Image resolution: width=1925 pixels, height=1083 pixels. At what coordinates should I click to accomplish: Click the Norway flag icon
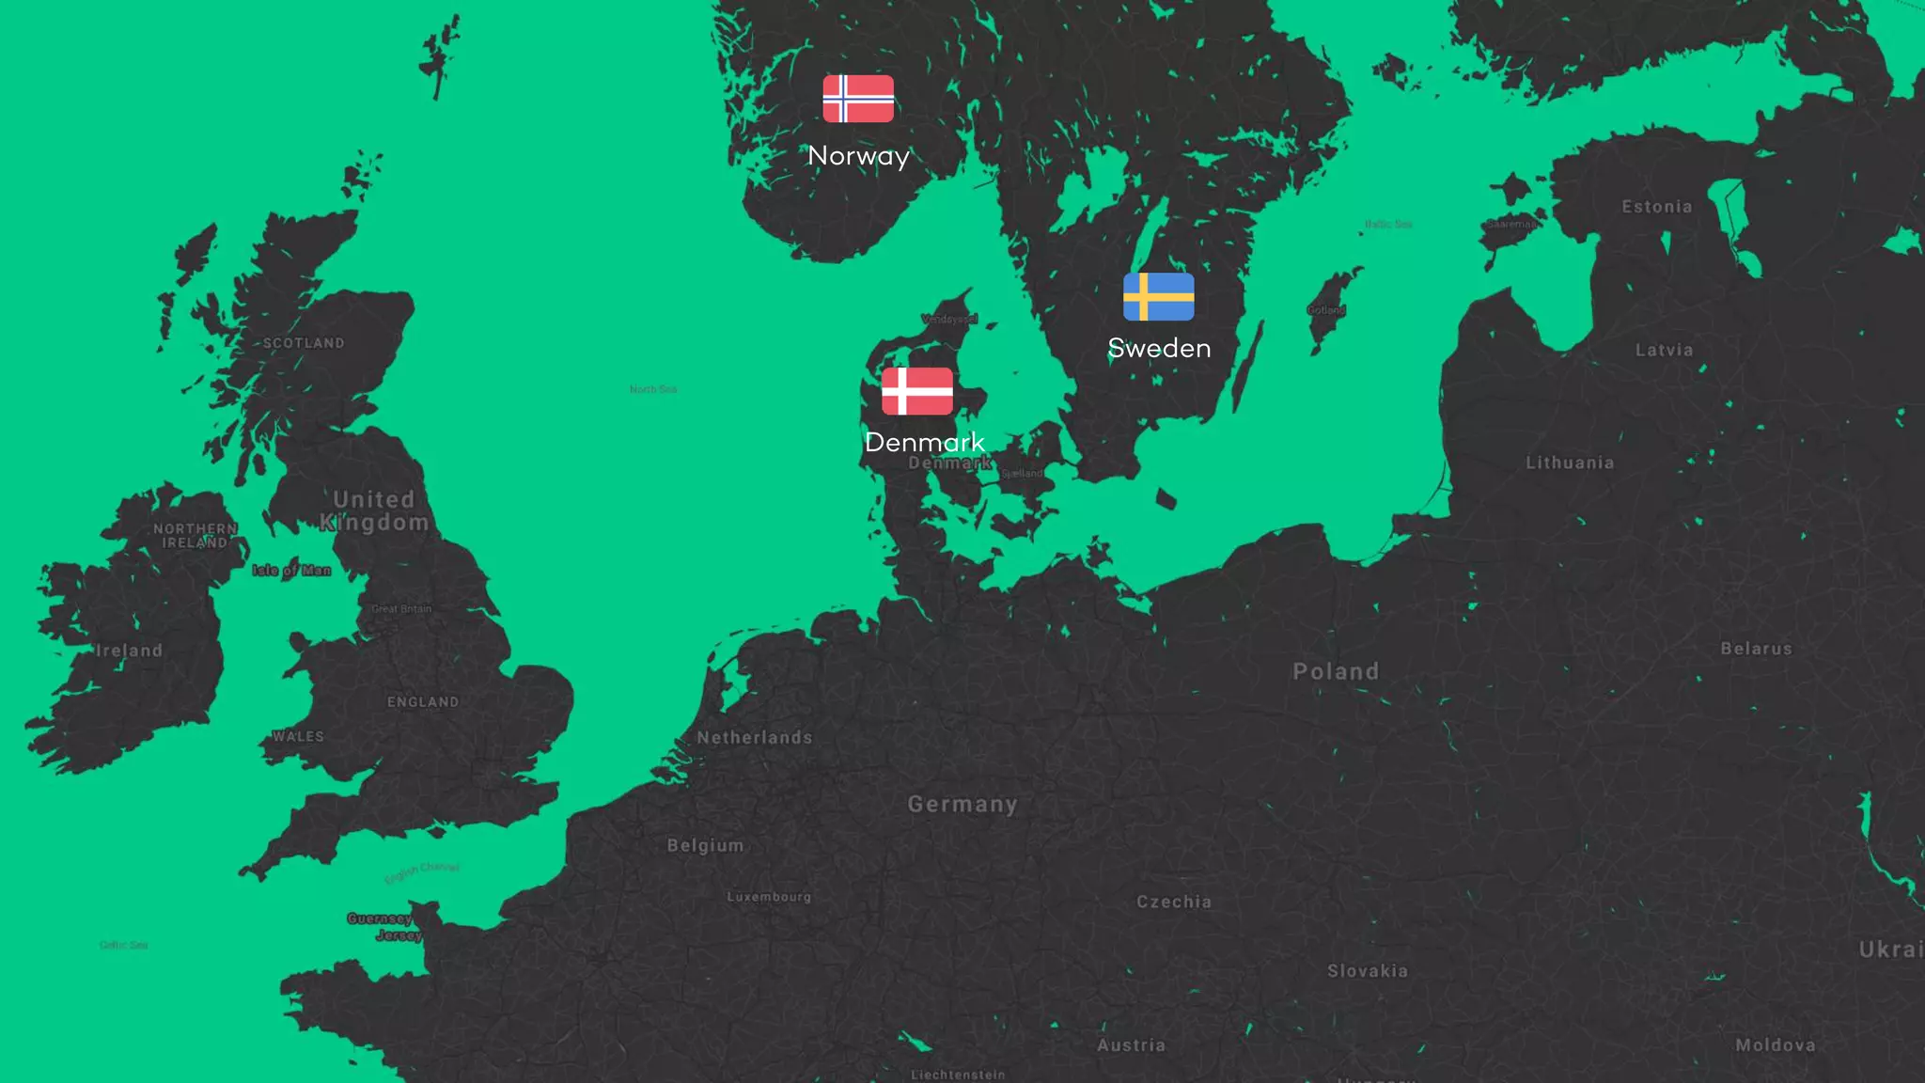coord(858,99)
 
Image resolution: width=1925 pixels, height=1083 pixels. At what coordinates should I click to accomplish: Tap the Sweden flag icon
coord(1158,297)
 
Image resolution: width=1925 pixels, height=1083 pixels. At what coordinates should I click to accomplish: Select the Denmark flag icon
coord(916,391)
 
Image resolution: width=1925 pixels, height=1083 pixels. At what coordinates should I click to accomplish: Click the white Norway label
coord(858,156)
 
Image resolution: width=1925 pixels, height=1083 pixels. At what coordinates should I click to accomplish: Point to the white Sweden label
coord(1159,348)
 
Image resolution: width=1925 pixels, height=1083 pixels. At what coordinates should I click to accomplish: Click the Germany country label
coord(962,804)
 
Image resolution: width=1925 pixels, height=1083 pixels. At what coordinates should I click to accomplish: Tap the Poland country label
coord(1336,671)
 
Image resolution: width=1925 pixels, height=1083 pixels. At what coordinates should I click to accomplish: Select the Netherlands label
coord(754,738)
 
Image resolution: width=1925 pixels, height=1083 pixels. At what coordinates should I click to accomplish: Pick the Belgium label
coord(705,845)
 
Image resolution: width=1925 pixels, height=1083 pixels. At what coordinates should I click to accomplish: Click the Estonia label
coord(1656,207)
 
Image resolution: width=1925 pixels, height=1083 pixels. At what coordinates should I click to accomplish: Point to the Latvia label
coord(1664,350)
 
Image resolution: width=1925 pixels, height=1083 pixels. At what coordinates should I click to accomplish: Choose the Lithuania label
coord(1570,463)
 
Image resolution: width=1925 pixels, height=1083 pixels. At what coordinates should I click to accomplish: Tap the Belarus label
coord(1756,649)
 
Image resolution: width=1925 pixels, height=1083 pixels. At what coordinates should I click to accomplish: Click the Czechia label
coord(1174,902)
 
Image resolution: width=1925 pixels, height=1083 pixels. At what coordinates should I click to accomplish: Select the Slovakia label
coord(1368,971)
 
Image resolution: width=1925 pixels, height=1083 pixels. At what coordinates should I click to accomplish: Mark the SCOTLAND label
coord(304,343)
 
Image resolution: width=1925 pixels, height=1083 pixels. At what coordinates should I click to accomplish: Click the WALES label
coord(298,736)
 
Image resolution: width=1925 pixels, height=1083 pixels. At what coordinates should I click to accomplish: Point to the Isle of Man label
coord(291,570)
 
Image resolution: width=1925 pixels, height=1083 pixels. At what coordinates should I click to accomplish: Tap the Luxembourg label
coord(769,897)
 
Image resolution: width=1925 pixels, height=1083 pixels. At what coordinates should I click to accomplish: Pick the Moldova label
coord(1776,1044)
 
